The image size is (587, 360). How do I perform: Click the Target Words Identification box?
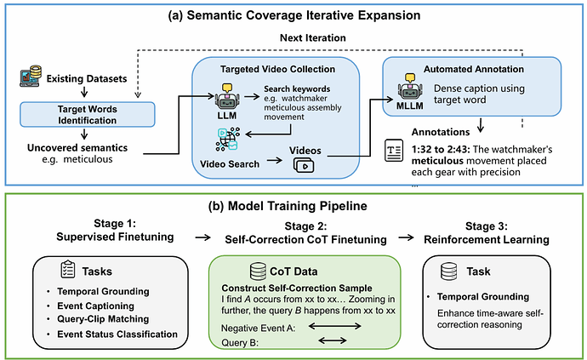click(88, 114)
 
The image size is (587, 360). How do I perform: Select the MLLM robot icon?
click(410, 88)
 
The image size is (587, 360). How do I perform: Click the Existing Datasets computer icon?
click(31, 76)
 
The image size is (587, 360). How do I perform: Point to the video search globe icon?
click(228, 140)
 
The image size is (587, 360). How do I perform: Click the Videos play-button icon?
click(304, 165)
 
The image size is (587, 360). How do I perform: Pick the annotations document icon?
click(394, 151)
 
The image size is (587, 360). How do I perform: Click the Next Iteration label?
click(313, 37)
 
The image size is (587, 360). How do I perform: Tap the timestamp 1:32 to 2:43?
click(441, 150)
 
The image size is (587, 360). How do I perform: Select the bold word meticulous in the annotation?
click(437, 161)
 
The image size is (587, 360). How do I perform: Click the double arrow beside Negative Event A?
click(334, 327)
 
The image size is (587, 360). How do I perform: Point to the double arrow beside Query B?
click(333, 340)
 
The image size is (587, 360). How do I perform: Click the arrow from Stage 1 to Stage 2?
click(203, 237)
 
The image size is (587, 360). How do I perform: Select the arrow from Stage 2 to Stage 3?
click(406, 237)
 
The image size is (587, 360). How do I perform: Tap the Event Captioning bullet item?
click(95, 306)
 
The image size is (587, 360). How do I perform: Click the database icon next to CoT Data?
click(258, 271)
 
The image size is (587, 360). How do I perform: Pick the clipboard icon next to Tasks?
click(68, 269)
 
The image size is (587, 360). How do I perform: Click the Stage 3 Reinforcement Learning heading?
click(487, 232)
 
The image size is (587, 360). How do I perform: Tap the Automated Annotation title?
click(474, 69)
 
